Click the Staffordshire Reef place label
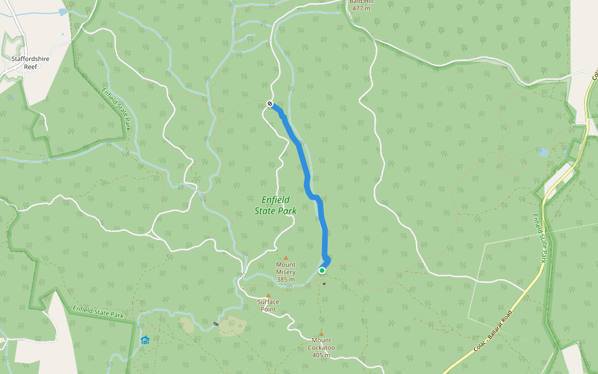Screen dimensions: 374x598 29,62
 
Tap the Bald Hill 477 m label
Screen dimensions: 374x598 361,6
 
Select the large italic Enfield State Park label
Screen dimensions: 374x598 275,205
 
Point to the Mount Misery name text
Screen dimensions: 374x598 286,268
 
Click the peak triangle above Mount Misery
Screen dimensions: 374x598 286,257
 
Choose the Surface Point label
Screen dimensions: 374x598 268,305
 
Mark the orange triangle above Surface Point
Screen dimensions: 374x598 268,296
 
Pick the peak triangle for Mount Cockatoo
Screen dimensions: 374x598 321,334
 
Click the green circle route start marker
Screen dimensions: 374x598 322,271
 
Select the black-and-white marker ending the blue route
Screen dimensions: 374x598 270,103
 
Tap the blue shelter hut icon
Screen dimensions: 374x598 145,340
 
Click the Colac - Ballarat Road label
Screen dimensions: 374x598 494,330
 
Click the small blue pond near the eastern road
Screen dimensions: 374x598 544,152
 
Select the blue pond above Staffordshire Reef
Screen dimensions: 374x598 62,12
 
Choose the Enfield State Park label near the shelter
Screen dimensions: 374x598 98,311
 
